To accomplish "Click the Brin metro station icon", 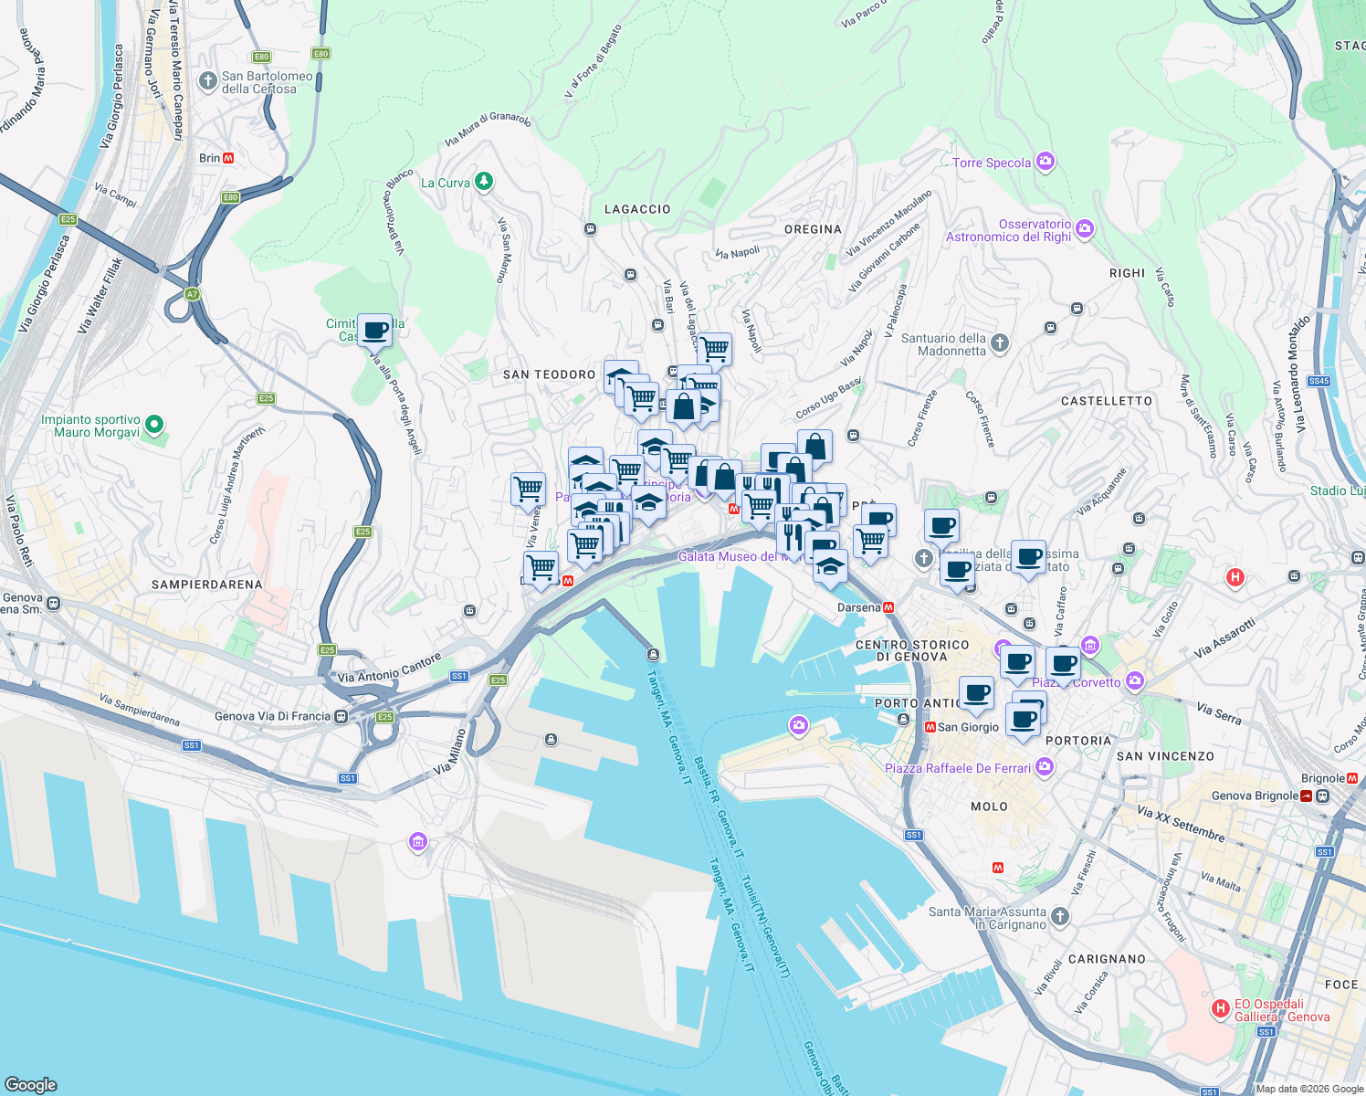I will (x=228, y=158).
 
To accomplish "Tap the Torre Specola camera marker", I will (x=1046, y=162).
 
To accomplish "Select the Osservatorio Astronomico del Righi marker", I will (x=1085, y=228).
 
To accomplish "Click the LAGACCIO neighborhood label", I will (x=637, y=209).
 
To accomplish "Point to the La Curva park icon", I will (x=484, y=182).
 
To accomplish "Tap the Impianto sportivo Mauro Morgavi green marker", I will (x=154, y=424).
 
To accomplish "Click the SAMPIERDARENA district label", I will (x=206, y=585).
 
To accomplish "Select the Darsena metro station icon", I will (x=888, y=607).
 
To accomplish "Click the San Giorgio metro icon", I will (x=930, y=727).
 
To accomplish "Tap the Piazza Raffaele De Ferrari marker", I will (x=1045, y=767).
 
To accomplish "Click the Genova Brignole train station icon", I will (x=1308, y=796).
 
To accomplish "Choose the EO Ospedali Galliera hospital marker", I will (x=1220, y=1008).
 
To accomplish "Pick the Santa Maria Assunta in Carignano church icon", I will (x=1059, y=915).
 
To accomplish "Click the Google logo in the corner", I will (x=31, y=1084).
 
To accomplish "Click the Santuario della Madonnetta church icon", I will (x=1000, y=342).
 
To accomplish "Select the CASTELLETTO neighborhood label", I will (x=1107, y=401).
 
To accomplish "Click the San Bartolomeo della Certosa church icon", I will (x=208, y=81).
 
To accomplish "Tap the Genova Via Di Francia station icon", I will (x=341, y=716).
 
